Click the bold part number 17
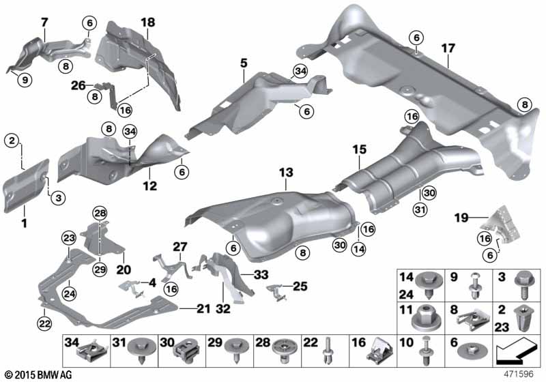(x=448, y=48)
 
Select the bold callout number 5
(x=244, y=63)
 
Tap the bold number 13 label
(x=286, y=173)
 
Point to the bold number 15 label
(x=360, y=149)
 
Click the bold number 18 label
(x=147, y=23)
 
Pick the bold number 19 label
(x=461, y=218)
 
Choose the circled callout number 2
(x=12, y=141)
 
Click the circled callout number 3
(x=58, y=198)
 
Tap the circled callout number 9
(x=25, y=80)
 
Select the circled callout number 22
(x=44, y=324)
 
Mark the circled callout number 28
(x=100, y=214)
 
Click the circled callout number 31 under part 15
(x=420, y=209)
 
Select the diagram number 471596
(x=518, y=374)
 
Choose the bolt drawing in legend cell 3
(x=523, y=284)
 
